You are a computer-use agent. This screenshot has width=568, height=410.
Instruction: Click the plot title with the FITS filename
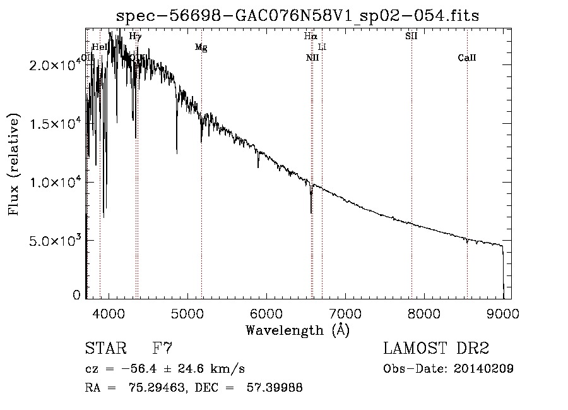point(298,15)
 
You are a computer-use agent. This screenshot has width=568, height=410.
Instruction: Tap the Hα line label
point(310,37)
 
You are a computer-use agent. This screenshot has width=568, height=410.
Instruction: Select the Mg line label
point(201,47)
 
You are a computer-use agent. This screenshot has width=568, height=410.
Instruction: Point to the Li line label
point(322,47)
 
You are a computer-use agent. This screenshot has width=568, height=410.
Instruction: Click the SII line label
point(411,37)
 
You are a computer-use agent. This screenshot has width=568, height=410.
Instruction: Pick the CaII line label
point(467,58)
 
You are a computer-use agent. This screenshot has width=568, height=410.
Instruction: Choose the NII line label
point(312,58)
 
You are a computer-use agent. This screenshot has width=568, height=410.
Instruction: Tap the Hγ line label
point(135,37)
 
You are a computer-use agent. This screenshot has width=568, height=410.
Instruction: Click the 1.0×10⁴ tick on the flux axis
point(53,183)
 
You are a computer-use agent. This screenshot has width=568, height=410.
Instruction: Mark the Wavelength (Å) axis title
point(297,330)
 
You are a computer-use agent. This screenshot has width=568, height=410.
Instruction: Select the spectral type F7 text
point(163,349)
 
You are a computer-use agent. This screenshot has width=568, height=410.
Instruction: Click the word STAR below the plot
point(104,349)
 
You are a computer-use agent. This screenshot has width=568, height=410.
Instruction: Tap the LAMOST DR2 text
point(436,349)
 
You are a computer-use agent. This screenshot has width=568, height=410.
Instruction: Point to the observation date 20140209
point(485,369)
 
